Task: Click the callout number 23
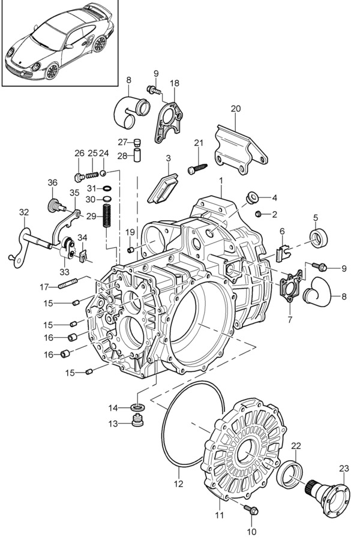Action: tap(343, 469)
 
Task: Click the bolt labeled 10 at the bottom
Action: tap(253, 511)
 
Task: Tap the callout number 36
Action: tap(52, 183)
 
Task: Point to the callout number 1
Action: tap(221, 180)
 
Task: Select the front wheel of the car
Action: tap(53, 70)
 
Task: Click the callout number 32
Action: tap(23, 212)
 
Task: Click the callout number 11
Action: tap(219, 515)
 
